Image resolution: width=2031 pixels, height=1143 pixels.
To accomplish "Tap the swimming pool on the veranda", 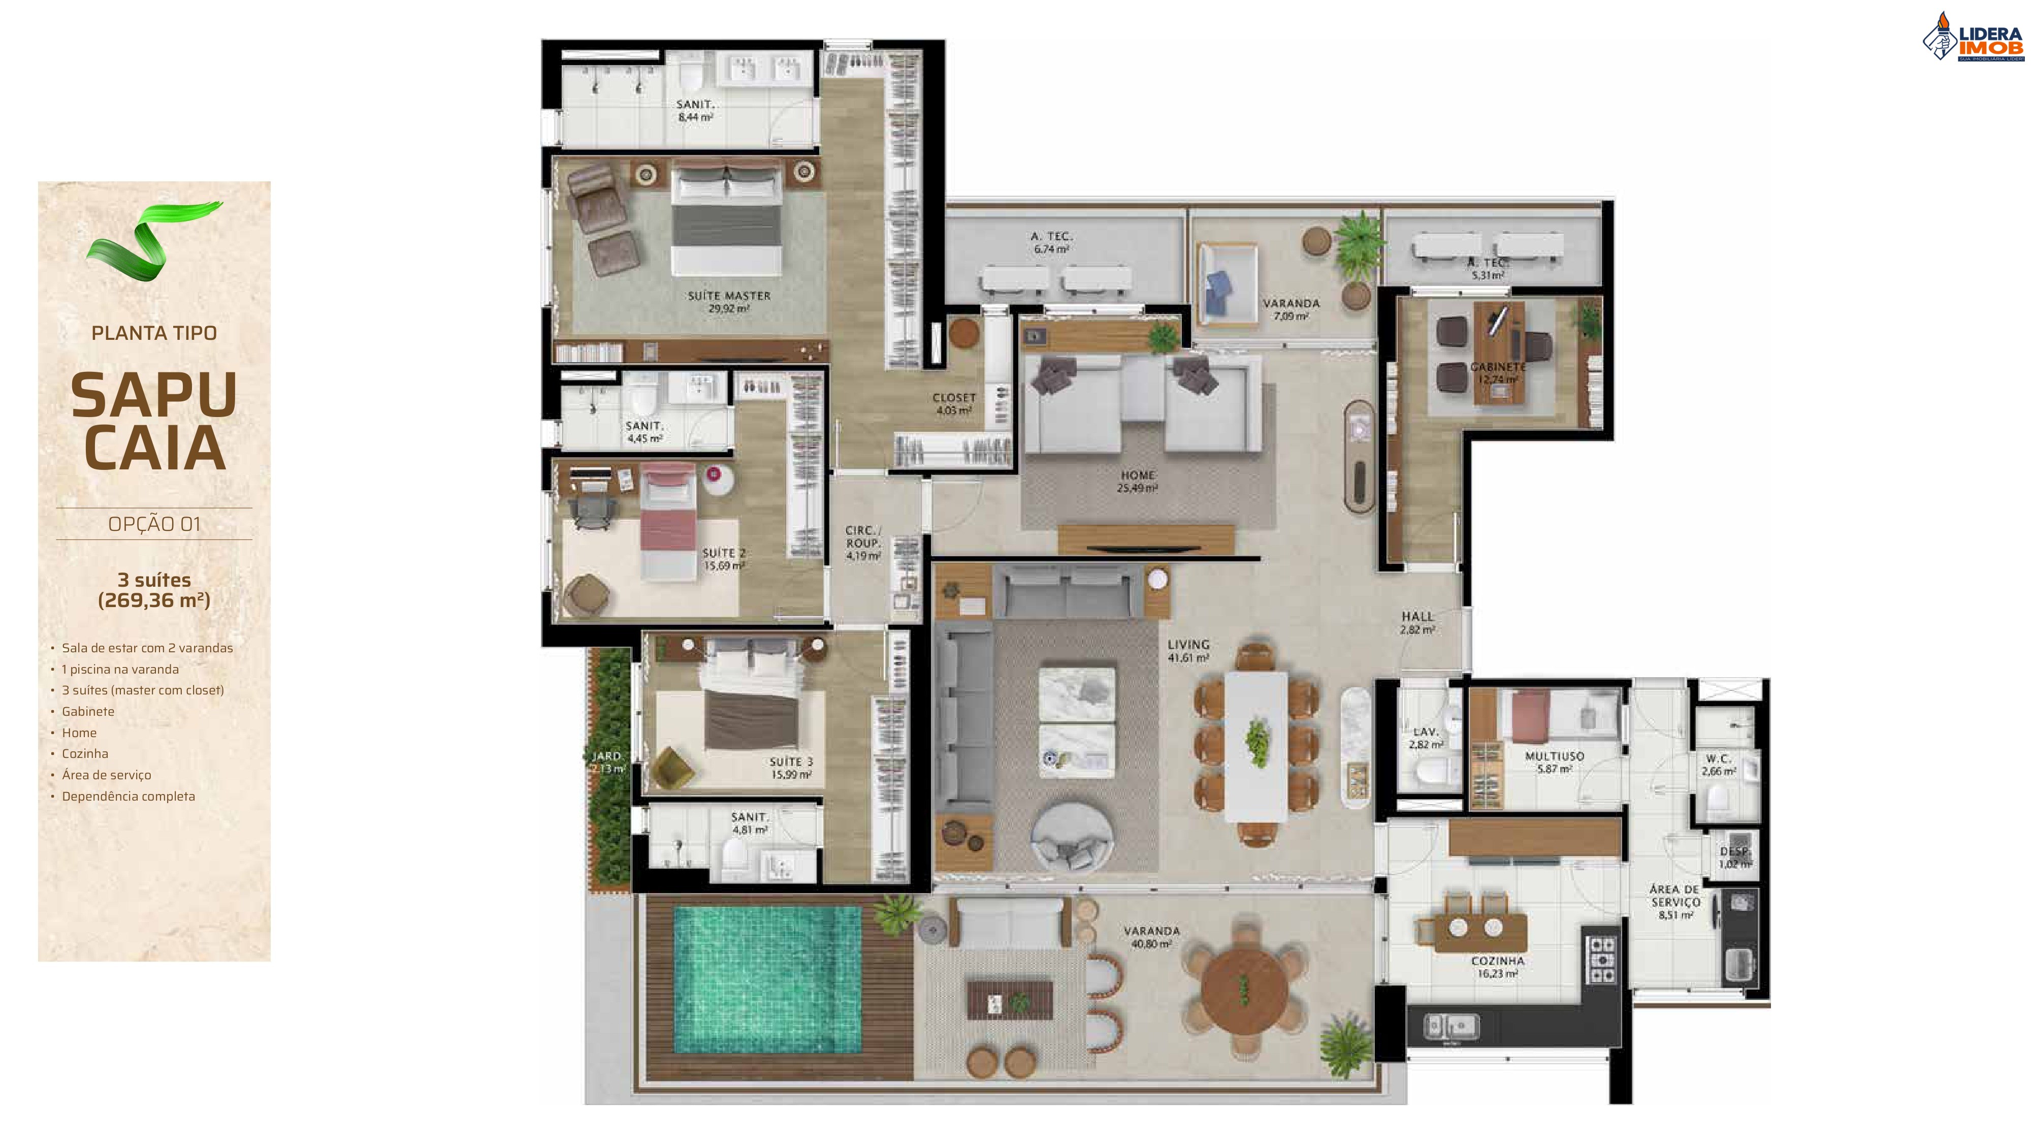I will pyautogui.click(x=766, y=977).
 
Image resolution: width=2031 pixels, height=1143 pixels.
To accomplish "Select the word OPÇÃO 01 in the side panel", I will pyautogui.click(x=154, y=524).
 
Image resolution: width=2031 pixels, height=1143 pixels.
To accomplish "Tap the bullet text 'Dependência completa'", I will pyautogui.click(x=127, y=797).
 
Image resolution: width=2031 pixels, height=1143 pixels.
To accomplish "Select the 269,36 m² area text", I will pyautogui.click(x=154, y=600).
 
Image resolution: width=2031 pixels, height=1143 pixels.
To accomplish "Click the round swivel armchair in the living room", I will pyautogui.click(x=1073, y=838).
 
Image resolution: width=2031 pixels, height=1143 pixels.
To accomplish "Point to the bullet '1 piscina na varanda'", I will pyautogui.click(x=120, y=670).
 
